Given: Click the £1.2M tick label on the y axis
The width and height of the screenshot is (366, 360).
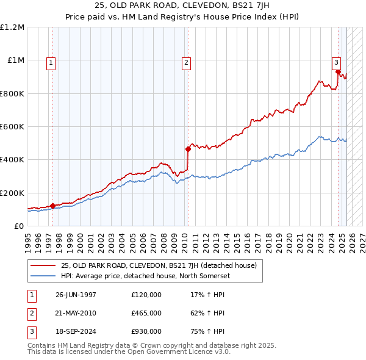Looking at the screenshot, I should tap(12, 27).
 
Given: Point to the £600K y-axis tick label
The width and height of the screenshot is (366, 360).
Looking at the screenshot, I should tap(12, 127).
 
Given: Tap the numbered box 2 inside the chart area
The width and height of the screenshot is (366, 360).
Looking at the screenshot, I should tap(185, 62).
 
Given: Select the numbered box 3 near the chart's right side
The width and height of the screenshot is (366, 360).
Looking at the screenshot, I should tap(336, 62).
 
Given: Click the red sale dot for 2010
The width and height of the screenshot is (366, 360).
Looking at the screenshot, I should tap(188, 148).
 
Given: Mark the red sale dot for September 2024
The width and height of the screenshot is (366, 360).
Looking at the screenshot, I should tap(338, 72).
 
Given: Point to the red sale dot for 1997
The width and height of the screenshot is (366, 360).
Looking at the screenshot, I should tap(53, 206).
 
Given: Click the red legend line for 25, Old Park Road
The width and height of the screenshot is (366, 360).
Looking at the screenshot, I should tap(44, 265).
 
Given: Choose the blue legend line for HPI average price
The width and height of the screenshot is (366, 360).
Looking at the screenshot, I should tap(44, 275).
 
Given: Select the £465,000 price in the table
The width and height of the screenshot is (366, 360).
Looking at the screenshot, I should tap(146, 313).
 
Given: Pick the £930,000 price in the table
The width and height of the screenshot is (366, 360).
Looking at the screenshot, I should tap(146, 331).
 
